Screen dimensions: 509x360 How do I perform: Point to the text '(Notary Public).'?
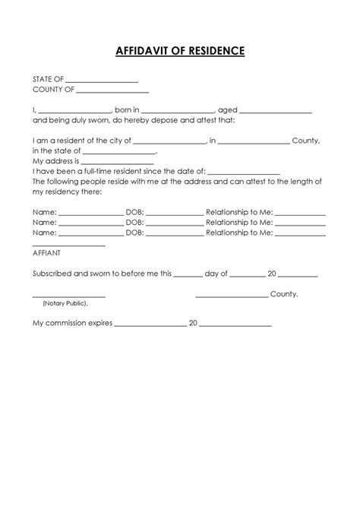(x=65, y=303)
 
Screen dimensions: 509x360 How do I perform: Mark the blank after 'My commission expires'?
(x=150, y=325)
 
